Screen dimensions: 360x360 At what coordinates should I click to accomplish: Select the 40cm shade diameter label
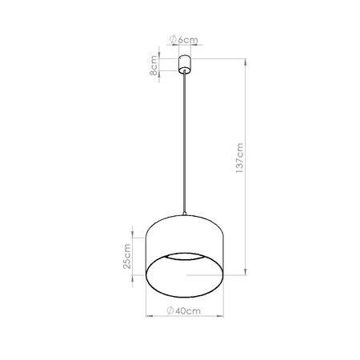pos(185,310)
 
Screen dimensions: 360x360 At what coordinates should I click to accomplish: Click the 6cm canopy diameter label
pos(185,39)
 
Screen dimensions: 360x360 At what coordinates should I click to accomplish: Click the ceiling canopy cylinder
pos(185,64)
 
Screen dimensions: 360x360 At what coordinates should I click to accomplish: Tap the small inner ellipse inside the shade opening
pos(186,273)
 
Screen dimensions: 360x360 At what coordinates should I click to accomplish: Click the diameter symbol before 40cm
pos(172,310)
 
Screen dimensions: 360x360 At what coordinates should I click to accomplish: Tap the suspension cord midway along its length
pos(185,144)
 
